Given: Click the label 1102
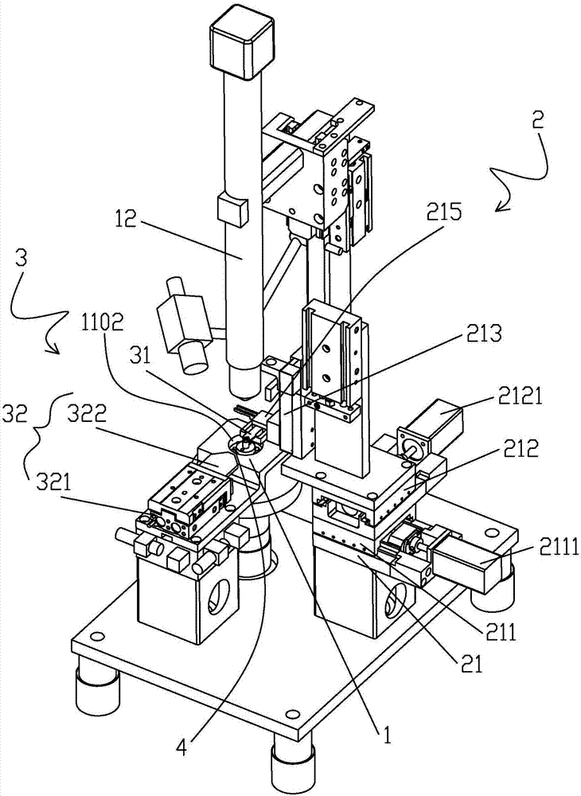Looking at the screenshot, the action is pos(102,323).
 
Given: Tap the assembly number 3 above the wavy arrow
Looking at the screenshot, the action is pos(21,259).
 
